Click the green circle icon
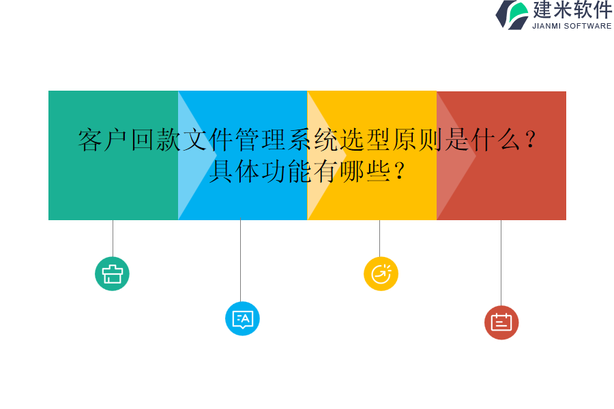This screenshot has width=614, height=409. tap(112, 274)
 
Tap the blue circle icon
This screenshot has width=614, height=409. tap(242, 318)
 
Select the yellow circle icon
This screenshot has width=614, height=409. tap(381, 274)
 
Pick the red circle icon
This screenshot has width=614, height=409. tap(501, 322)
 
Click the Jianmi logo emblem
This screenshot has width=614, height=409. tap(512, 14)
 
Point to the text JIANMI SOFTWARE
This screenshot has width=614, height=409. tap(572, 26)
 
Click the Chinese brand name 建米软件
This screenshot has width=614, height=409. tap(572, 10)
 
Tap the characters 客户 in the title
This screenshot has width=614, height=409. tap(104, 140)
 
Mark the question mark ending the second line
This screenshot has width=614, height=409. tap(400, 170)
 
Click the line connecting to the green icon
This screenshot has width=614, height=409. tap(113, 238)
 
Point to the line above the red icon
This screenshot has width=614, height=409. tap(501, 262)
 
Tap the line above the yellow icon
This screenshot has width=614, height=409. tap(379, 238)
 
